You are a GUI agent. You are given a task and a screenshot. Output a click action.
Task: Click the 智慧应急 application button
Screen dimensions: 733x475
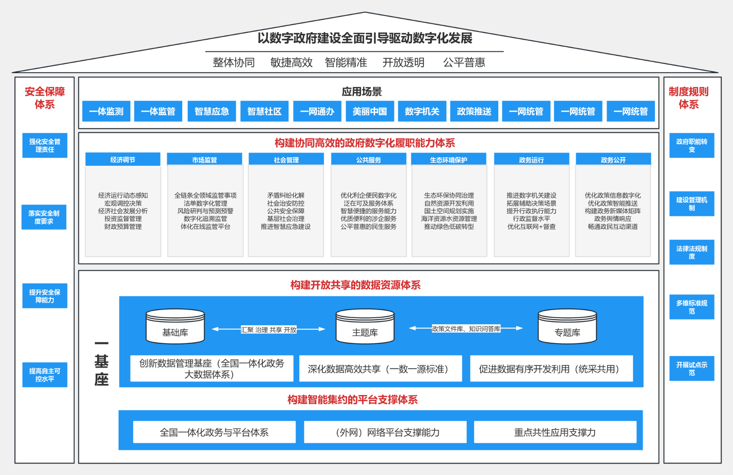(x=212, y=111)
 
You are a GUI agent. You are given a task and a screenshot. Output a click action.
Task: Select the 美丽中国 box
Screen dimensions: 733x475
(x=370, y=111)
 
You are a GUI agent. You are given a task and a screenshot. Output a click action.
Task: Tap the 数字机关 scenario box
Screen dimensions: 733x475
(x=422, y=111)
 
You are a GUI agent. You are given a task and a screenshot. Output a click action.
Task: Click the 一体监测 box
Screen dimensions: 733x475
(x=106, y=111)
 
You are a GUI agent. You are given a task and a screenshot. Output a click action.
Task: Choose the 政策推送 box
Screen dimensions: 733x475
(x=474, y=111)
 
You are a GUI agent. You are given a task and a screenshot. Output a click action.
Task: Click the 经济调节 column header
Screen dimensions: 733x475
(x=123, y=159)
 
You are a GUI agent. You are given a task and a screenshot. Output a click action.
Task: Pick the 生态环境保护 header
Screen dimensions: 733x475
(x=449, y=159)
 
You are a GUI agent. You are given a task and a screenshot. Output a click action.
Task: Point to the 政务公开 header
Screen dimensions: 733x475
(x=613, y=159)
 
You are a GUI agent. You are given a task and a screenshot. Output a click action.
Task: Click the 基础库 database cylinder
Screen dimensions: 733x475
(x=175, y=326)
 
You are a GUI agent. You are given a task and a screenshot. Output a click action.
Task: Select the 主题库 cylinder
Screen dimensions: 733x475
(x=365, y=326)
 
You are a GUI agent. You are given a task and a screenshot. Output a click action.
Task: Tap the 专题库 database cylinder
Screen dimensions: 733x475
(x=567, y=326)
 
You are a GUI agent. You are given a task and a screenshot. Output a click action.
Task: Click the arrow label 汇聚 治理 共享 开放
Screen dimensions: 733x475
(x=269, y=330)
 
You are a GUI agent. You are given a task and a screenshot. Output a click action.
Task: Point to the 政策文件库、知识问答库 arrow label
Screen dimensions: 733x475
(x=466, y=329)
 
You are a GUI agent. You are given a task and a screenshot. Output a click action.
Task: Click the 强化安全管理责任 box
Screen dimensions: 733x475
(x=45, y=145)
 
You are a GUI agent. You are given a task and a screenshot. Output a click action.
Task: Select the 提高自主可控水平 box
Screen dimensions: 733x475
(x=45, y=375)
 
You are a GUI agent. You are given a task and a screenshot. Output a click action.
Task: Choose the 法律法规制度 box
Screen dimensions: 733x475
(x=692, y=252)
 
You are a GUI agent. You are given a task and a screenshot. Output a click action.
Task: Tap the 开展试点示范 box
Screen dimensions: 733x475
(x=692, y=369)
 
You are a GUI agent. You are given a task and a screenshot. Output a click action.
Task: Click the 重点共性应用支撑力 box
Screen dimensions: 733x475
(x=555, y=432)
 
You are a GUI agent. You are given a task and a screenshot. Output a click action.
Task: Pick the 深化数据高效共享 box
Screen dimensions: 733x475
(x=381, y=369)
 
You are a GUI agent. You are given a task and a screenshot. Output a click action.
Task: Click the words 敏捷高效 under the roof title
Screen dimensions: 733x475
(x=292, y=63)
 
